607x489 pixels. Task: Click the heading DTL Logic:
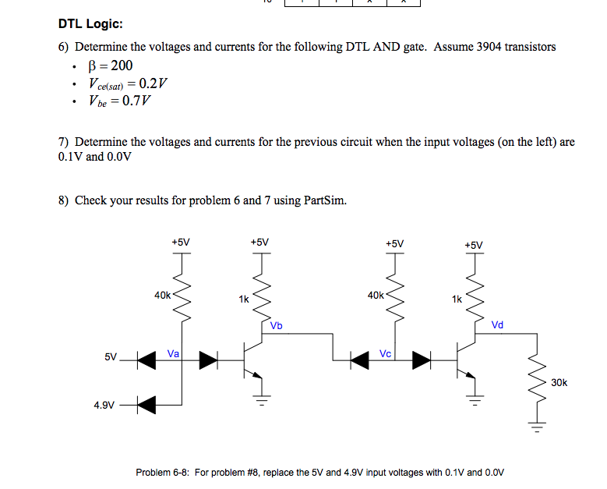click(x=90, y=25)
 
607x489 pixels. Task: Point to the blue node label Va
click(x=173, y=353)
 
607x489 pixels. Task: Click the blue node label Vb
click(x=277, y=324)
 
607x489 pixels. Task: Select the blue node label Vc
click(x=385, y=353)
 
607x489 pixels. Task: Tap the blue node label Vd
click(x=498, y=324)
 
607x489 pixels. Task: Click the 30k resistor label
click(x=559, y=382)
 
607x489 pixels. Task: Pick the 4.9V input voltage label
click(x=104, y=405)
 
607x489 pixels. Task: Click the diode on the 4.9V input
click(x=146, y=404)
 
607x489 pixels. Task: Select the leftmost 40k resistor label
click(x=163, y=296)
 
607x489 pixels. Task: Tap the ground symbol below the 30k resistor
click(x=536, y=426)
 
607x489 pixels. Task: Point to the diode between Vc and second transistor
click(x=421, y=359)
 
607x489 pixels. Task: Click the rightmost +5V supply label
click(x=474, y=245)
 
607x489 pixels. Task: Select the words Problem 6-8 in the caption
click(x=161, y=473)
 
